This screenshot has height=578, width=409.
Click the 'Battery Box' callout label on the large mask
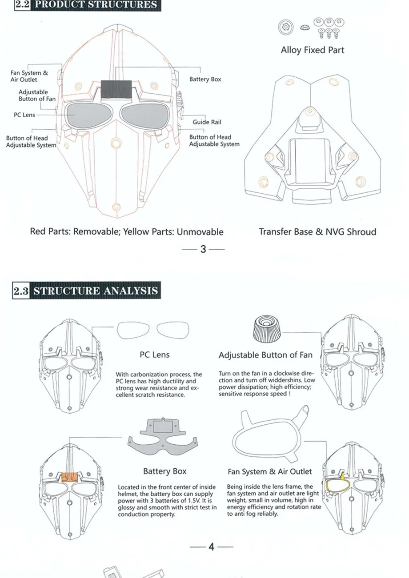click(205, 79)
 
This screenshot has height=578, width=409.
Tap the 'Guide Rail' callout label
click(207, 122)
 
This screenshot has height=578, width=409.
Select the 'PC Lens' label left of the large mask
click(24, 115)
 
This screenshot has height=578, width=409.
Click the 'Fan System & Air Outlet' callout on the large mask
click(29, 76)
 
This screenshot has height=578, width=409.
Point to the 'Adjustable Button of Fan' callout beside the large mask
click(37, 96)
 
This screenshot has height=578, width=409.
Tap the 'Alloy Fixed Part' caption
click(313, 50)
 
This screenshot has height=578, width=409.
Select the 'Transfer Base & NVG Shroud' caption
click(317, 232)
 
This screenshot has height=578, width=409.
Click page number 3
click(203, 249)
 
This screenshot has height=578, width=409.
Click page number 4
click(212, 546)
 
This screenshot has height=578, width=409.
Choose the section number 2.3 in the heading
click(21, 291)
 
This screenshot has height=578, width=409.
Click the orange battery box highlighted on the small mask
click(70, 477)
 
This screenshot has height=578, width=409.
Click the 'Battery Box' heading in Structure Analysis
click(165, 471)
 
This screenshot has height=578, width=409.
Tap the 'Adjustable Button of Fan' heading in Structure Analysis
click(265, 355)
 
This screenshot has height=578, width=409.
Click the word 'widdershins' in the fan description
click(285, 380)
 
